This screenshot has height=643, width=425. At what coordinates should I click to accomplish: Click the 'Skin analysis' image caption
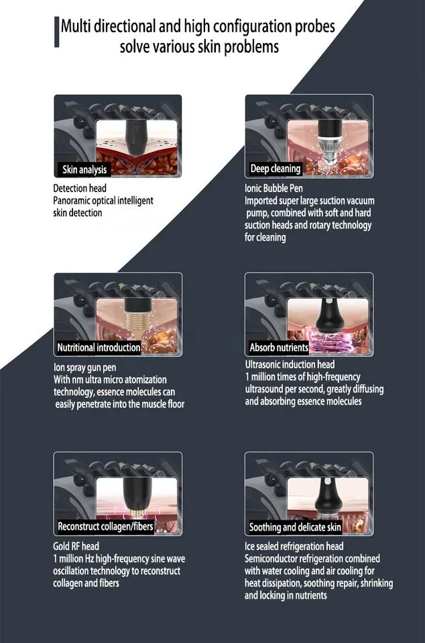(84, 169)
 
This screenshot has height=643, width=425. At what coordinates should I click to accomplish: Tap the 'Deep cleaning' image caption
(276, 169)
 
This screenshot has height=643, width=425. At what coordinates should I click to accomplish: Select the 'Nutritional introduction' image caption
(99, 348)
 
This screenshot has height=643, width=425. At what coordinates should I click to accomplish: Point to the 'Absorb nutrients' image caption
(279, 348)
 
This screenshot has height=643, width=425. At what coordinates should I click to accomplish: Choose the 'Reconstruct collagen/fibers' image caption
(105, 526)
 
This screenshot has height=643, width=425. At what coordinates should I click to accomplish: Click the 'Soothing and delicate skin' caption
(295, 527)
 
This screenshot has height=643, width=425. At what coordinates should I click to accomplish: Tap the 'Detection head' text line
(80, 188)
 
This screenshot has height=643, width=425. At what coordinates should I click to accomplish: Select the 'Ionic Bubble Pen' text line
(274, 188)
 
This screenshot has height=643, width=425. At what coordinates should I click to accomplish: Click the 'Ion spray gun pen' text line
(85, 368)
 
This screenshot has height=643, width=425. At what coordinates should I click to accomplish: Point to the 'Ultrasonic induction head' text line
(290, 364)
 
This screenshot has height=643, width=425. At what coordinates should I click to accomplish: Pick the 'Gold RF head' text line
(76, 547)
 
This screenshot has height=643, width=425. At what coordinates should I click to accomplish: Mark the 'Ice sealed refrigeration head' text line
(294, 547)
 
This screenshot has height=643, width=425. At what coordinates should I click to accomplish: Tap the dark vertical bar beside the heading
(56, 31)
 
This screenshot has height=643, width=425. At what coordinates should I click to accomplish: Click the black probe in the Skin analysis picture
(135, 137)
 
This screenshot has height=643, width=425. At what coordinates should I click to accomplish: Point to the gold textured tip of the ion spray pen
(138, 324)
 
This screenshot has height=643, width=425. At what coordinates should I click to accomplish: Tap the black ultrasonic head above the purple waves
(329, 316)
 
